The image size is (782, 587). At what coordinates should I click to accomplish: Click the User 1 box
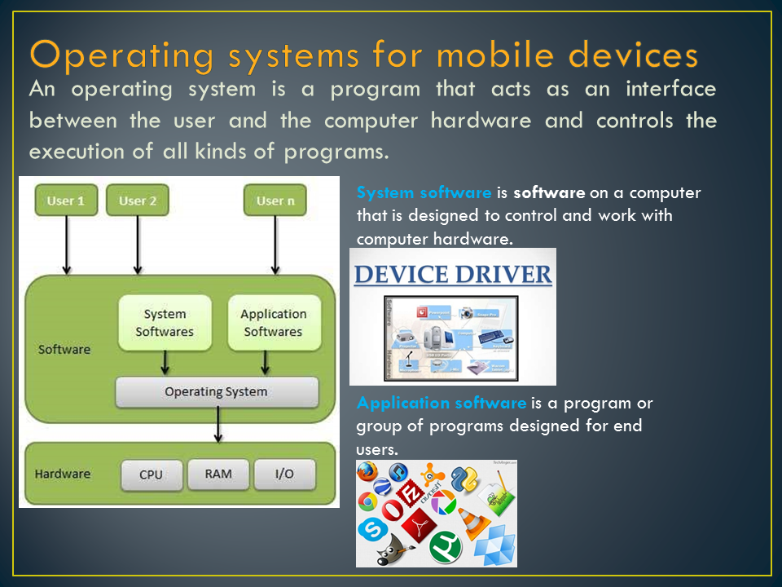point(66,201)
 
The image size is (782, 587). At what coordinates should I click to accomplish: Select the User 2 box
point(138,201)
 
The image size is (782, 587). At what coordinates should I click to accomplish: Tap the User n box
point(275,201)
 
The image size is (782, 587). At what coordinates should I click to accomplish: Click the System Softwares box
point(165,323)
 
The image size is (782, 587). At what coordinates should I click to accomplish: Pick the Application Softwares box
point(273,323)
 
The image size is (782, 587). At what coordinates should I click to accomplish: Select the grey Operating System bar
point(216,392)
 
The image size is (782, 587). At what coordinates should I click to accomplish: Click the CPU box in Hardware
point(152,474)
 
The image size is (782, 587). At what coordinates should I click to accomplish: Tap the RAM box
point(217,473)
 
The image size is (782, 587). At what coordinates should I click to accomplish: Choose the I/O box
point(284,474)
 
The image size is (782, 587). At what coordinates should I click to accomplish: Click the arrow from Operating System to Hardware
point(218,425)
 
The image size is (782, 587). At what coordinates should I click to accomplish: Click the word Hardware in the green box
point(63,474)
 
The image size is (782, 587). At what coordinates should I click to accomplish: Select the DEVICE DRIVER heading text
point(453,275)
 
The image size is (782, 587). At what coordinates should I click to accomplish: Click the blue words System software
point(424,193)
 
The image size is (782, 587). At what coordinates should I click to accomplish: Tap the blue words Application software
point(442,403)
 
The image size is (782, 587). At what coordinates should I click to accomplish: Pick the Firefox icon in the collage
point(368,473)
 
